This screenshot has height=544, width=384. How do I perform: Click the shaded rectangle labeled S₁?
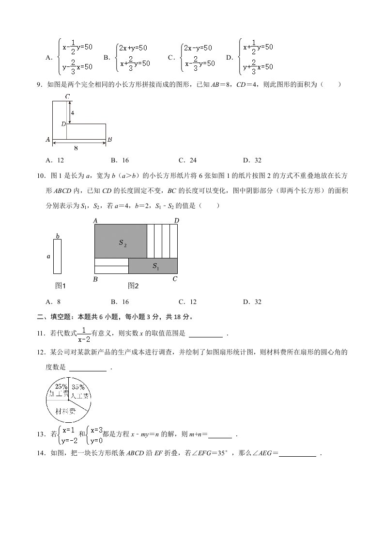click(153, 266)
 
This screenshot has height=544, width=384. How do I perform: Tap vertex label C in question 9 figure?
click(68, 97)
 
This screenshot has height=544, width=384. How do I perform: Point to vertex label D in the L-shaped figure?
click(63, 124)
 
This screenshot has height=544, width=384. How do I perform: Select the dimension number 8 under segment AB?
click(76, 148)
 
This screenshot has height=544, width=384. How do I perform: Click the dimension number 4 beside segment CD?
click(72, 112)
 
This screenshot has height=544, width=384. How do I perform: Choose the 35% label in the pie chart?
click(78, 387)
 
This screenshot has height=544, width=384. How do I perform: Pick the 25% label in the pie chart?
click(61, 386)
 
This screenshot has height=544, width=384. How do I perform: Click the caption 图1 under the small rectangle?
click(61, 286)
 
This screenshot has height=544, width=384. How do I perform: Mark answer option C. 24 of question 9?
click(187, 160)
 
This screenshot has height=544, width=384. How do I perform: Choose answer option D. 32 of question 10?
click(252, 302)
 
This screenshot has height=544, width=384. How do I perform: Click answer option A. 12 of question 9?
click(55, 160)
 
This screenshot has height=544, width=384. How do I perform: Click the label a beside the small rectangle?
click(48, 256)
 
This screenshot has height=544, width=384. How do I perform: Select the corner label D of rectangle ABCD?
click(177, 221)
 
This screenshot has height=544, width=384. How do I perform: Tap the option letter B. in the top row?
click(107, 57)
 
